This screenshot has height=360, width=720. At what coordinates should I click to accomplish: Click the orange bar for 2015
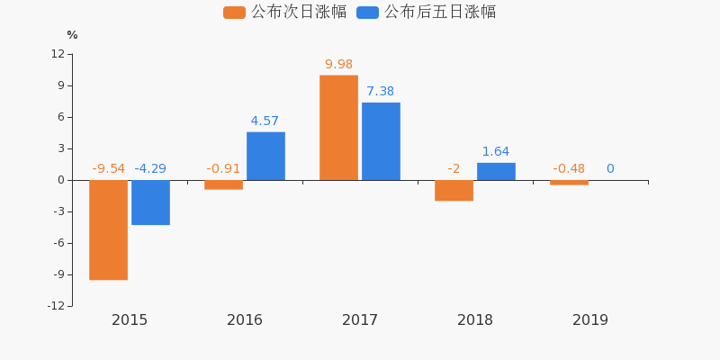tap(108, 229)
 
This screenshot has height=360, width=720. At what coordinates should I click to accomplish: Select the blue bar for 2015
tap(150, 202)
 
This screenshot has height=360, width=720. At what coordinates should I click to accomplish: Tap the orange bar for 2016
tap(223, 184)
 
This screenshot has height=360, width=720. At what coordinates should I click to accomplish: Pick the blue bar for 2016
tap(265, 156)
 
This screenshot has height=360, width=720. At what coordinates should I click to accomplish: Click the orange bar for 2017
tap(338, 128)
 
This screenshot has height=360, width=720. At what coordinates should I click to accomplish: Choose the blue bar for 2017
tap(381, 141)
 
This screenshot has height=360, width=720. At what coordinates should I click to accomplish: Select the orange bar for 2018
tap(454, 190)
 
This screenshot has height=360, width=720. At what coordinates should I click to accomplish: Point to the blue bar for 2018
tap(496, 171)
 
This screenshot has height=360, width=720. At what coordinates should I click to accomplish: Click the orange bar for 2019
tap(569, 183)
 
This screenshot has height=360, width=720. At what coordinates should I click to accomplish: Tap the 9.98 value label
tap(338, 64)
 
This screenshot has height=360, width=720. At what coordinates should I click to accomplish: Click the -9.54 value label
tap(108, 168)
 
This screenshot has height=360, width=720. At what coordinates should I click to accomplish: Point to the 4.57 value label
tap(265, 121)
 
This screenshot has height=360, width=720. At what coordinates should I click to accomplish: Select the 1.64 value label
tap(496, 151)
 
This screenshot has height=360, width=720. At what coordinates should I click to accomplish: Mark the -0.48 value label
tap(569, 168)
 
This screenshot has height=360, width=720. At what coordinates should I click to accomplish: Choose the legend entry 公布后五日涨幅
tap(427, 12)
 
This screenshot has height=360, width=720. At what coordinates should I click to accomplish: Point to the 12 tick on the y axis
tap(58, 54)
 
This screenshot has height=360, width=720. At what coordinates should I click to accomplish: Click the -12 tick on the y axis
tap(56, 306)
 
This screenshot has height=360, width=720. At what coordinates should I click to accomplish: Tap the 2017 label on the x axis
tap(360, 320)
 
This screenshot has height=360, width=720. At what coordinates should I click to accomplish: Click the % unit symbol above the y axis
tap(72, 35)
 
